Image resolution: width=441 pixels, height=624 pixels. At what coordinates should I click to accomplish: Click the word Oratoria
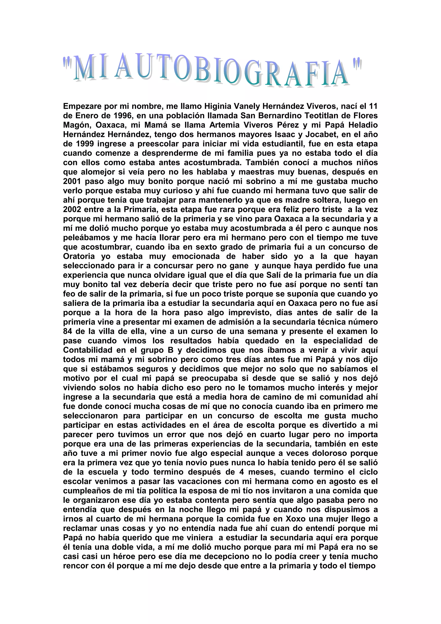pyautogui.click(x=79, y=256)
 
